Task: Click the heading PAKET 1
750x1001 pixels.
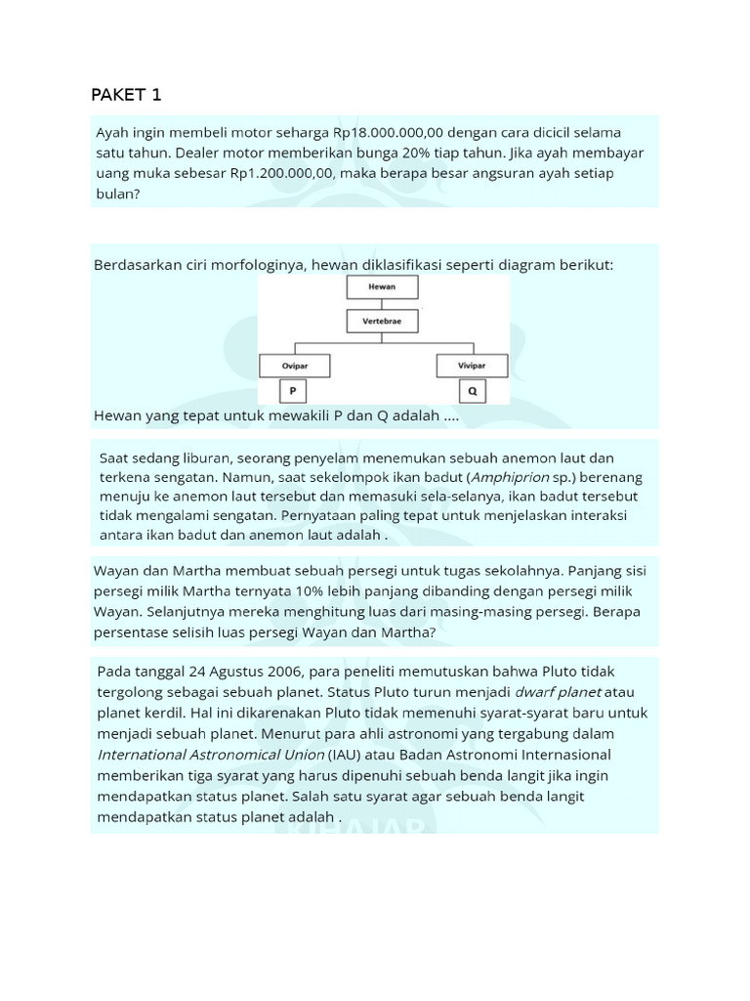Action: pyautogui.click(x=126, y=95)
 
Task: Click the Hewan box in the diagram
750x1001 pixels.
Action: pyautogui.click(x=382, y=286)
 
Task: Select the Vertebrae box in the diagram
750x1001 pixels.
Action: pyautogui.click(x=382, y=321)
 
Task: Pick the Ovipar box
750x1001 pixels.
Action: pyautogui.click(x=295, y=367)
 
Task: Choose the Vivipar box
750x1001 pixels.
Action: pyautogui.click(x=472, y=367)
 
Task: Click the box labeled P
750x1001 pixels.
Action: pyautogui.click(x=292, y=392)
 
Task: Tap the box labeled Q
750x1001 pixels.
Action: pyautogui.click(x=473, y=392)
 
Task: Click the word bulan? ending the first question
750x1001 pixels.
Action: pyautogui.click(x=118, y=194)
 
